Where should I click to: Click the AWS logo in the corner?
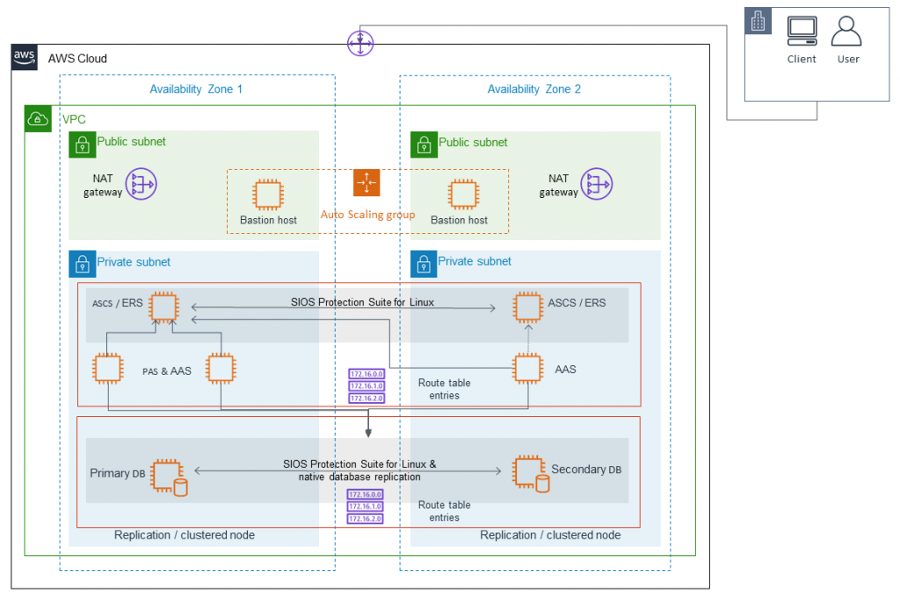click(24, 57)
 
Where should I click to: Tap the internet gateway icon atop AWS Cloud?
click(360, 42)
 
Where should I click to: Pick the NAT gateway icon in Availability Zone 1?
click(141, 185)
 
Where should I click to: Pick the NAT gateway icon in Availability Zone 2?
click(599, 185)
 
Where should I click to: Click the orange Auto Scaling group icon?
click(367, 183)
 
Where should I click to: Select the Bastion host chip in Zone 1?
click(267, 194)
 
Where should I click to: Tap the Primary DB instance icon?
click(168, 476)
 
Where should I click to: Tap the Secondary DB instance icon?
click(530, 472)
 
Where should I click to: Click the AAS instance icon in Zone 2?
click(527, 369)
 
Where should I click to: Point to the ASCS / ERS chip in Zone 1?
click(163, 307)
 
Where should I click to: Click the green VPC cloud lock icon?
click(37, 118)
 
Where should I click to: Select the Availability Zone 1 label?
click(196, 89)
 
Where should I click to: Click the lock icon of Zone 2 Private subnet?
click(423, 262)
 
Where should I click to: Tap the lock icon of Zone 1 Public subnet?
click(81, 143)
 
